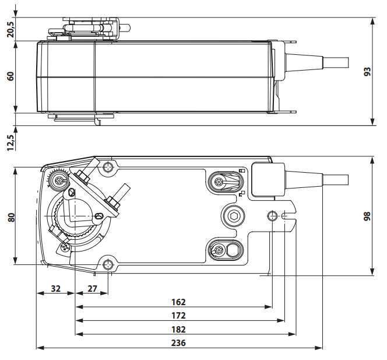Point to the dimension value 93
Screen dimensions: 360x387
pyautogui.click(x=367, y=71)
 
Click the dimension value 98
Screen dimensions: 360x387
pyautogui.click(x=367, y=216)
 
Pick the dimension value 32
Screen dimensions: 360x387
pyautogui.click(x=56, y=288)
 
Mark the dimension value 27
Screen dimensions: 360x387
pyautogui.click(x=92, y=288)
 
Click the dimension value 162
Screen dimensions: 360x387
pyautogui.click(x=178, y=302)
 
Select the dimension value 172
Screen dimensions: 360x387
pyautogui.click(x=178, y=315)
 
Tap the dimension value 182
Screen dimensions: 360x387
pyautogui.click(x=178, y=328)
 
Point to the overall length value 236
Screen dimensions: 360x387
pyautogui.click(x=178, y=342)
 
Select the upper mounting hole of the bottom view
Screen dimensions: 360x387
pyautogui.click(x=108, y=168)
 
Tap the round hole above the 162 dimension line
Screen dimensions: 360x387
pyautogui.click(x=272, y=216)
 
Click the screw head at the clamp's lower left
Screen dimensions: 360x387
pyautogui.click(x=64, y=247)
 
